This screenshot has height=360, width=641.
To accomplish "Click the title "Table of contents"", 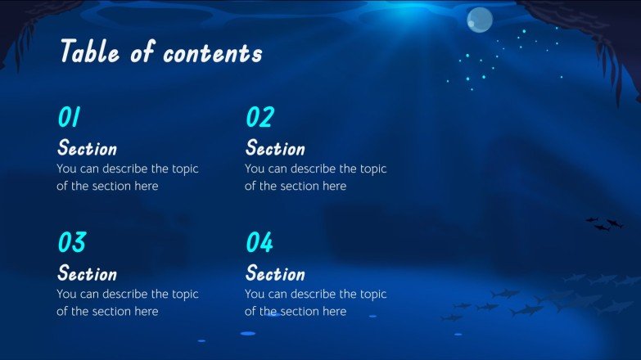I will coord(160,52).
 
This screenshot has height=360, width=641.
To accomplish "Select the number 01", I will coord(69,118).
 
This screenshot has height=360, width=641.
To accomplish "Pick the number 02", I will coord(259,118).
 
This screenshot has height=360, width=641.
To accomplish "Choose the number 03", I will coord(71,243).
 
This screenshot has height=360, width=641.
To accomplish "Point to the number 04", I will coord(260,243).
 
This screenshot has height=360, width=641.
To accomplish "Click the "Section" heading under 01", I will coord(87,149).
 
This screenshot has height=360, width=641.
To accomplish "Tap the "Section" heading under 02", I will coord(275,149).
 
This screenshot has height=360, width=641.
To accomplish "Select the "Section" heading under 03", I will coord(87,273).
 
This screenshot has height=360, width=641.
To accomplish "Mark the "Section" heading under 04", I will coord(275,273).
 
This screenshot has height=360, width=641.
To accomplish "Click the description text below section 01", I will coord(128,178).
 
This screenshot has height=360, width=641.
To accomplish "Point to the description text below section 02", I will coord(316,178).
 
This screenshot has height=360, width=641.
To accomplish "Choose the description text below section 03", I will coord(128,303).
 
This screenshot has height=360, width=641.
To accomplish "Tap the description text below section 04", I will coord(316,303).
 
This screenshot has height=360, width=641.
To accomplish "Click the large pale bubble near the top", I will coord(479,20).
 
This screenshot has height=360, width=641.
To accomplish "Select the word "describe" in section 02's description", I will coord(307,169).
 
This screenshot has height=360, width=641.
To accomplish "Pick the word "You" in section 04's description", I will coord(255,295).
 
